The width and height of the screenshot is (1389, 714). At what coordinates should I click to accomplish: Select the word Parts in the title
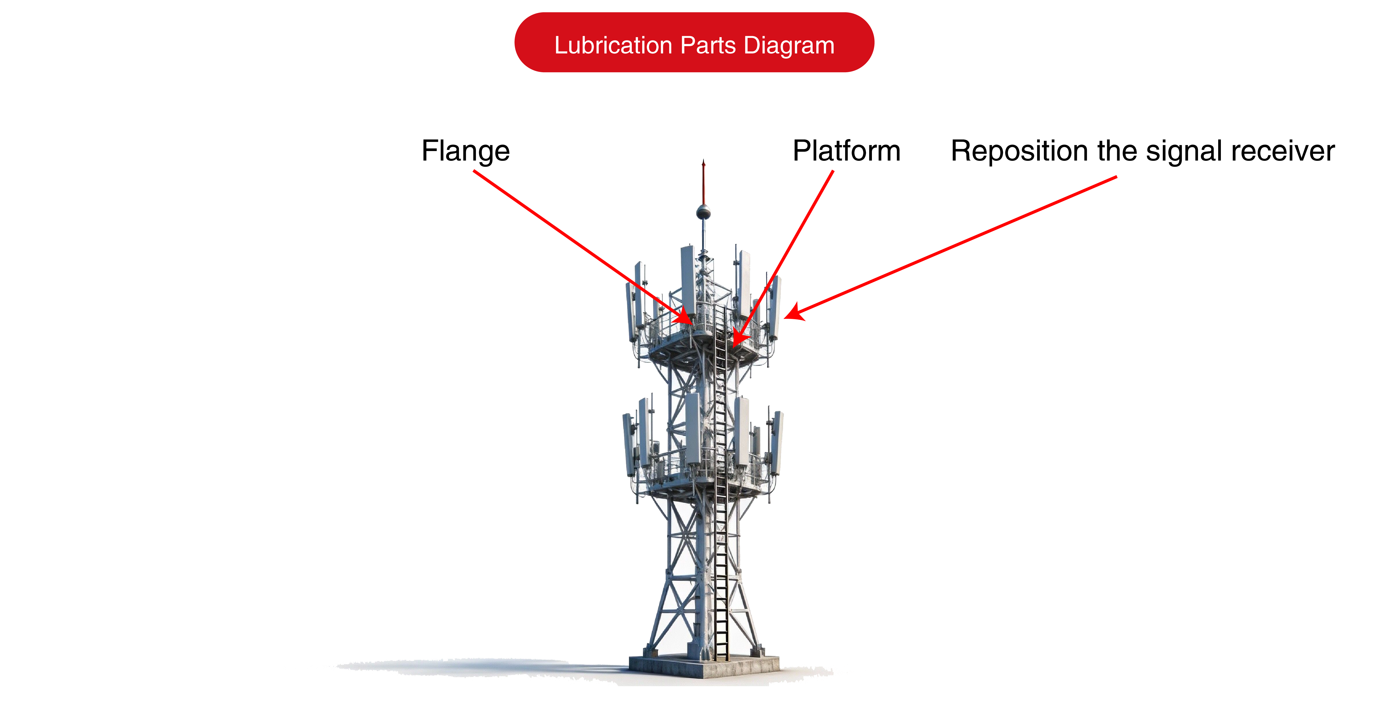708,45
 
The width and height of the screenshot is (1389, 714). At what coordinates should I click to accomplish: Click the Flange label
465,151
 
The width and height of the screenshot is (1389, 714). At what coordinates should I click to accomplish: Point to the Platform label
846,151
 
